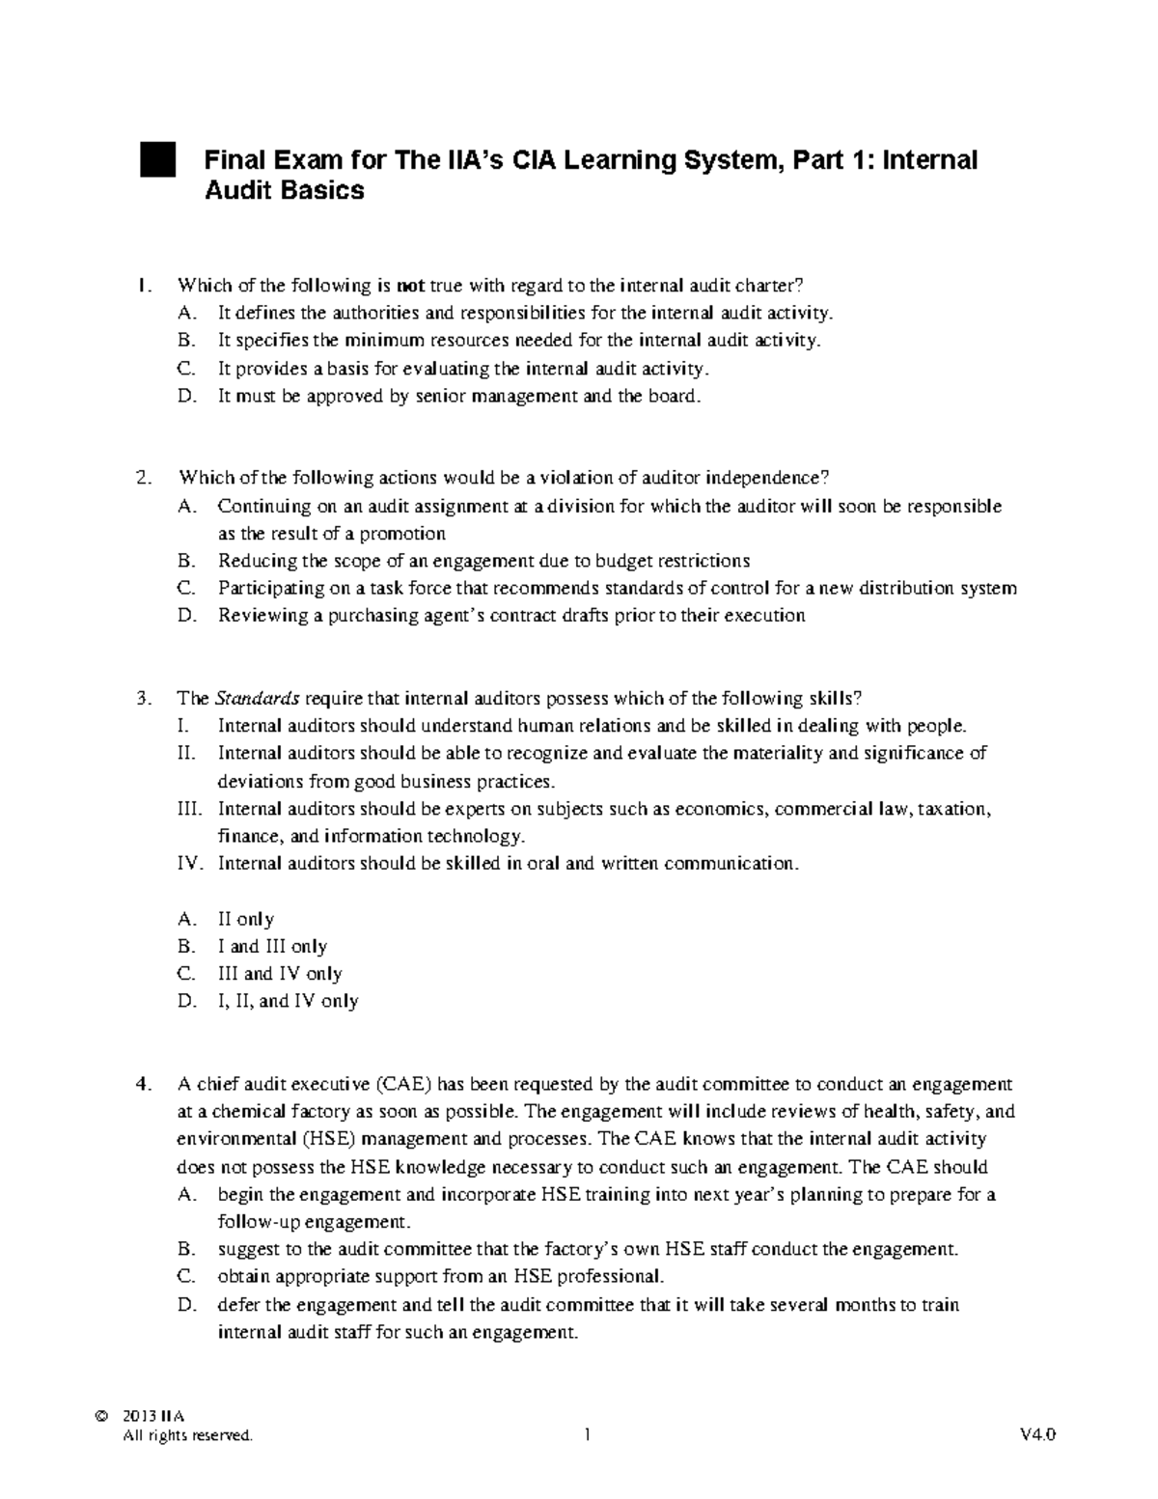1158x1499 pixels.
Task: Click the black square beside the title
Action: click(157, 160)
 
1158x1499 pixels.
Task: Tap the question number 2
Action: click(145, 478)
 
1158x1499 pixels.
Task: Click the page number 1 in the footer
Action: click(586, 1435)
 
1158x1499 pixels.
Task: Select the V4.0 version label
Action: click(1037, 1435)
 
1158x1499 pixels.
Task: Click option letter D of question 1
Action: click(187, 396)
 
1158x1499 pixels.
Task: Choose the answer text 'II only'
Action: click(246, 919)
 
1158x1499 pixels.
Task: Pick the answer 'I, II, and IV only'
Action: click(288, 1001)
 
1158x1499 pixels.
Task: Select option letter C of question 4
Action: click(187, 1276)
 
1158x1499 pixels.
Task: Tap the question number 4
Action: click(145, 1084)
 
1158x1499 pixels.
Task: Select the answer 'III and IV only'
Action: click(280, 974)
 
